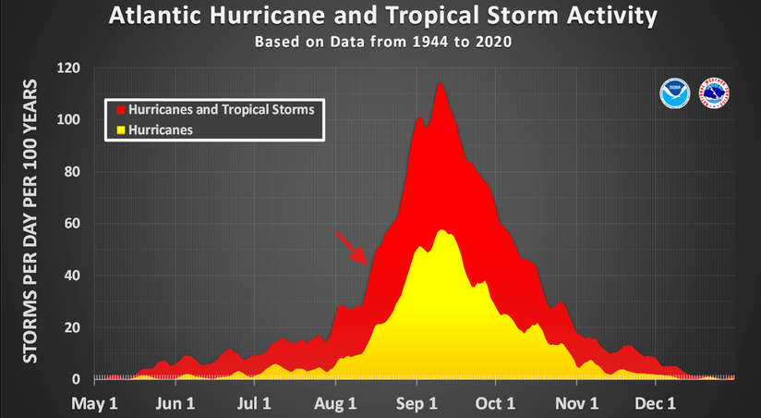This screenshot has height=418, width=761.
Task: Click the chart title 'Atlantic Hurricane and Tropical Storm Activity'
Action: click(x=383, y=16)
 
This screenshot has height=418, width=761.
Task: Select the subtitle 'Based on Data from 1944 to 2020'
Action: click(x=383, y=42)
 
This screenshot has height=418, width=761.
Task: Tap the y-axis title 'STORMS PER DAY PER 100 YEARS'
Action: click(x=30, y=221)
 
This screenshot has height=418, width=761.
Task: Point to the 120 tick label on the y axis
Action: click(x=69, y=68)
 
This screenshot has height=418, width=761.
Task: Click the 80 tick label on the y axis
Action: click(x=72, y=172)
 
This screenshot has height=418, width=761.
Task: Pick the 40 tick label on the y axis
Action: click(x=72, y=276)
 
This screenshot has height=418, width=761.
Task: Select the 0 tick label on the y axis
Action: click(x=77, y=379)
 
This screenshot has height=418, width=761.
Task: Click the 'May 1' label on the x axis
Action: click(x=94, y=403)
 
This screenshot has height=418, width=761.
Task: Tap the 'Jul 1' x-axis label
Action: click(x=254, y=403)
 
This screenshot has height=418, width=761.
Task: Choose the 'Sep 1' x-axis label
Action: click(x=417, y=403)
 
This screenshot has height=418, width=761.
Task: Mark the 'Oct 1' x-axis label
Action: click(x=495, y=403)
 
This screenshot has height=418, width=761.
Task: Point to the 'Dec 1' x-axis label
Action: click(x=655, y=403)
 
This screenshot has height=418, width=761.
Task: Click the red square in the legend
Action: click(x=121, y=110)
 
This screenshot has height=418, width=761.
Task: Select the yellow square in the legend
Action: click(x=121, y=130)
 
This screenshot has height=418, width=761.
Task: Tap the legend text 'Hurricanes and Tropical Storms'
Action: click(x=222, y=110)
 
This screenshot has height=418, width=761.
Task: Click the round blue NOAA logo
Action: click(x=674, y=93)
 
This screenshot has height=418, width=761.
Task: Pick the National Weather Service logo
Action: click(x=714, y=93)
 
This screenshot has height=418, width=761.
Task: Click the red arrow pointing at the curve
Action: click(x=351, y=249)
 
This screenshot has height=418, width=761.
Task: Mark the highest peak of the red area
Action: click(x=441, y=82)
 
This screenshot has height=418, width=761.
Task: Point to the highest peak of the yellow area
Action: click(x=441, y=230)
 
